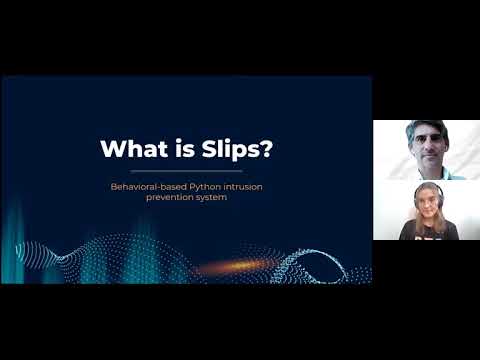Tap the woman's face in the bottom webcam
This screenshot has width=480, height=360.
click(x=421, y=206)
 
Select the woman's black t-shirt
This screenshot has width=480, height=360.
click(x=422, y=232)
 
